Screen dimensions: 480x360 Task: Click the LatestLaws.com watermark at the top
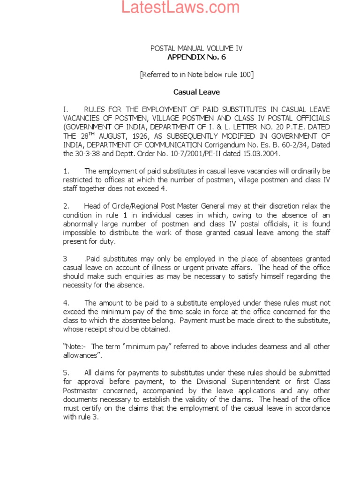click(180, 7)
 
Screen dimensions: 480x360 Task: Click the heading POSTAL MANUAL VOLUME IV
click(196, 49)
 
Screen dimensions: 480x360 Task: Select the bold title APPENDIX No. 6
click(196, 57)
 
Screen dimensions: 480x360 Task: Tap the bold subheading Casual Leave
click(196, 92)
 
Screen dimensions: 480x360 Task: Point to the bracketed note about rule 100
click(196, 75)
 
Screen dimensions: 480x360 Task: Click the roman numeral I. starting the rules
click(66, 109)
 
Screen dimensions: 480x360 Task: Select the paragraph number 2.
click(67, 206)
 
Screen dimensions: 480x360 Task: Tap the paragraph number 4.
click(67, 303)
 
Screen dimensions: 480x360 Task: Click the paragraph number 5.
click(67, 373)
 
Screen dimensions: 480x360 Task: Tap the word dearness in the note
click(256, 346)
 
